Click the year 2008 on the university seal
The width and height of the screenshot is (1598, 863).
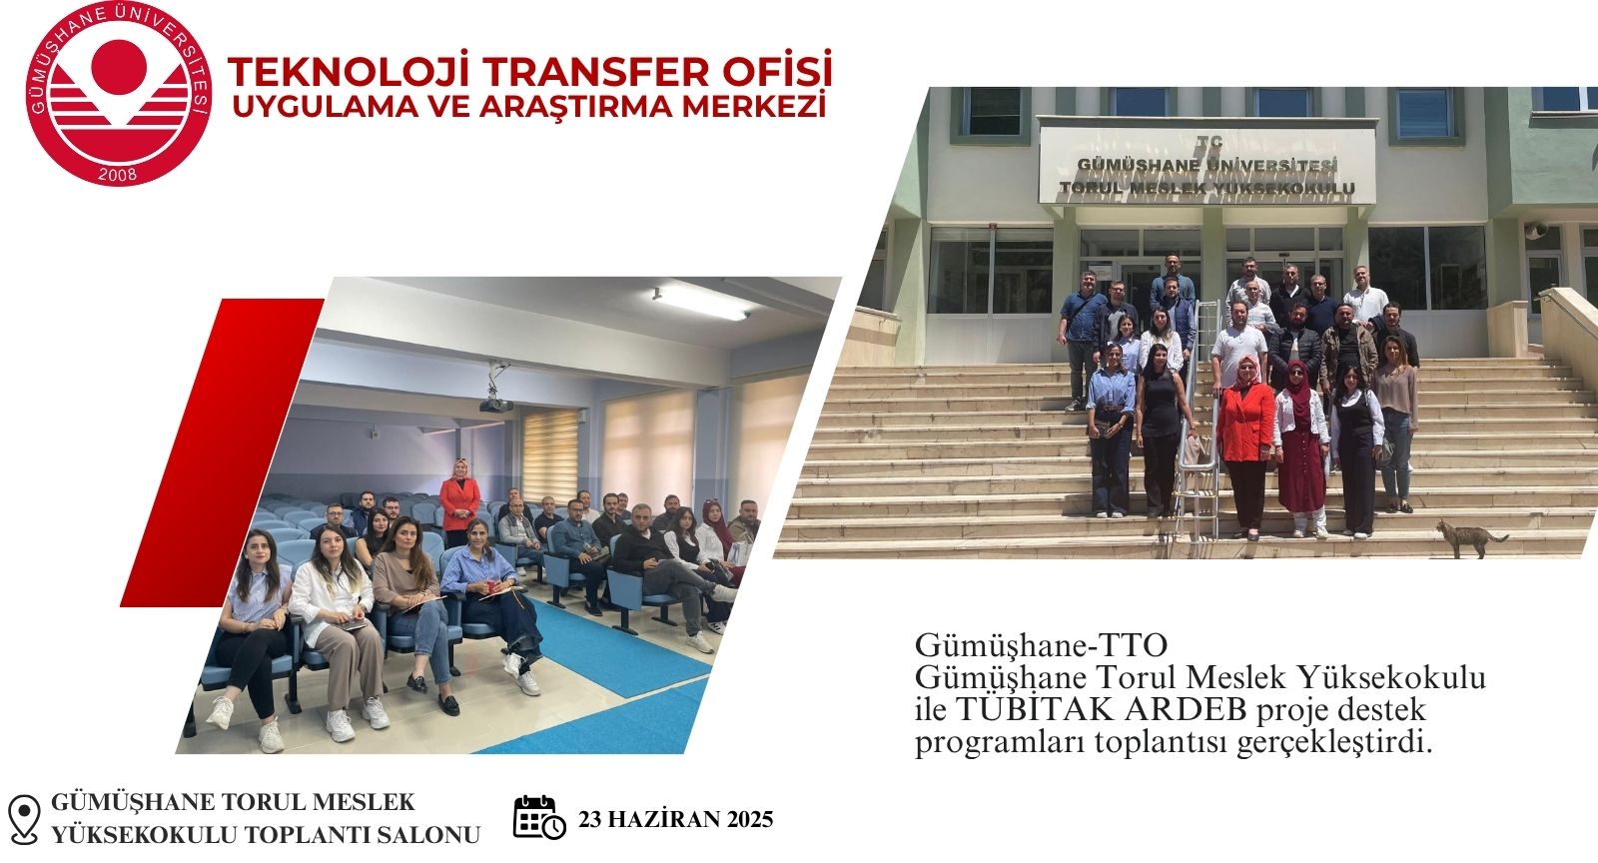(x=118, y=174)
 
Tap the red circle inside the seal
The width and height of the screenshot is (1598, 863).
(x=119, y=67)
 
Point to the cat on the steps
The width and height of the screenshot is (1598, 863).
(x=1470, y=538)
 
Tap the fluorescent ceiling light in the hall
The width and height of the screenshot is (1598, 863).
(x=700, y=303)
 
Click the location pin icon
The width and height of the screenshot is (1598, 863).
(x=24, y=819)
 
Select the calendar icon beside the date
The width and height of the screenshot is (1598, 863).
(x=539, y=817)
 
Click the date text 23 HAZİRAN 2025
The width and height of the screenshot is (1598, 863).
(x=675, y=819)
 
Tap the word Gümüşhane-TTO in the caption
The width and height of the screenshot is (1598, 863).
(x=1041, y=645)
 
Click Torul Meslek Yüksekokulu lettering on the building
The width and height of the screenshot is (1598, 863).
(x=1207, y=189)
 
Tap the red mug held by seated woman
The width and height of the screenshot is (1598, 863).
(x=491, y=586)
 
